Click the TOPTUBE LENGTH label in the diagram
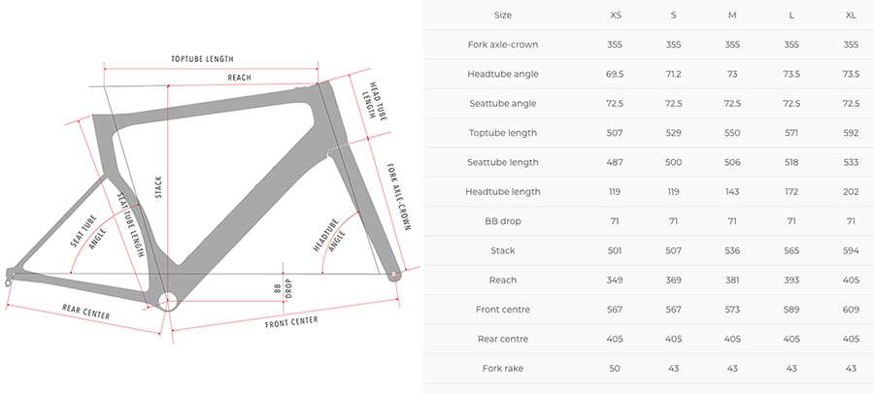pos(202,59)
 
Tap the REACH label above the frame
pos(239,78)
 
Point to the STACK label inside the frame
pos(158,188)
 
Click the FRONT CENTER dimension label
pos(291,322)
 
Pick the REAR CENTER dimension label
pos(85,312)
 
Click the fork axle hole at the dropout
pos(393,275)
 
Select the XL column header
pos(851,16)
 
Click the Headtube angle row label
pos(503,74)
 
